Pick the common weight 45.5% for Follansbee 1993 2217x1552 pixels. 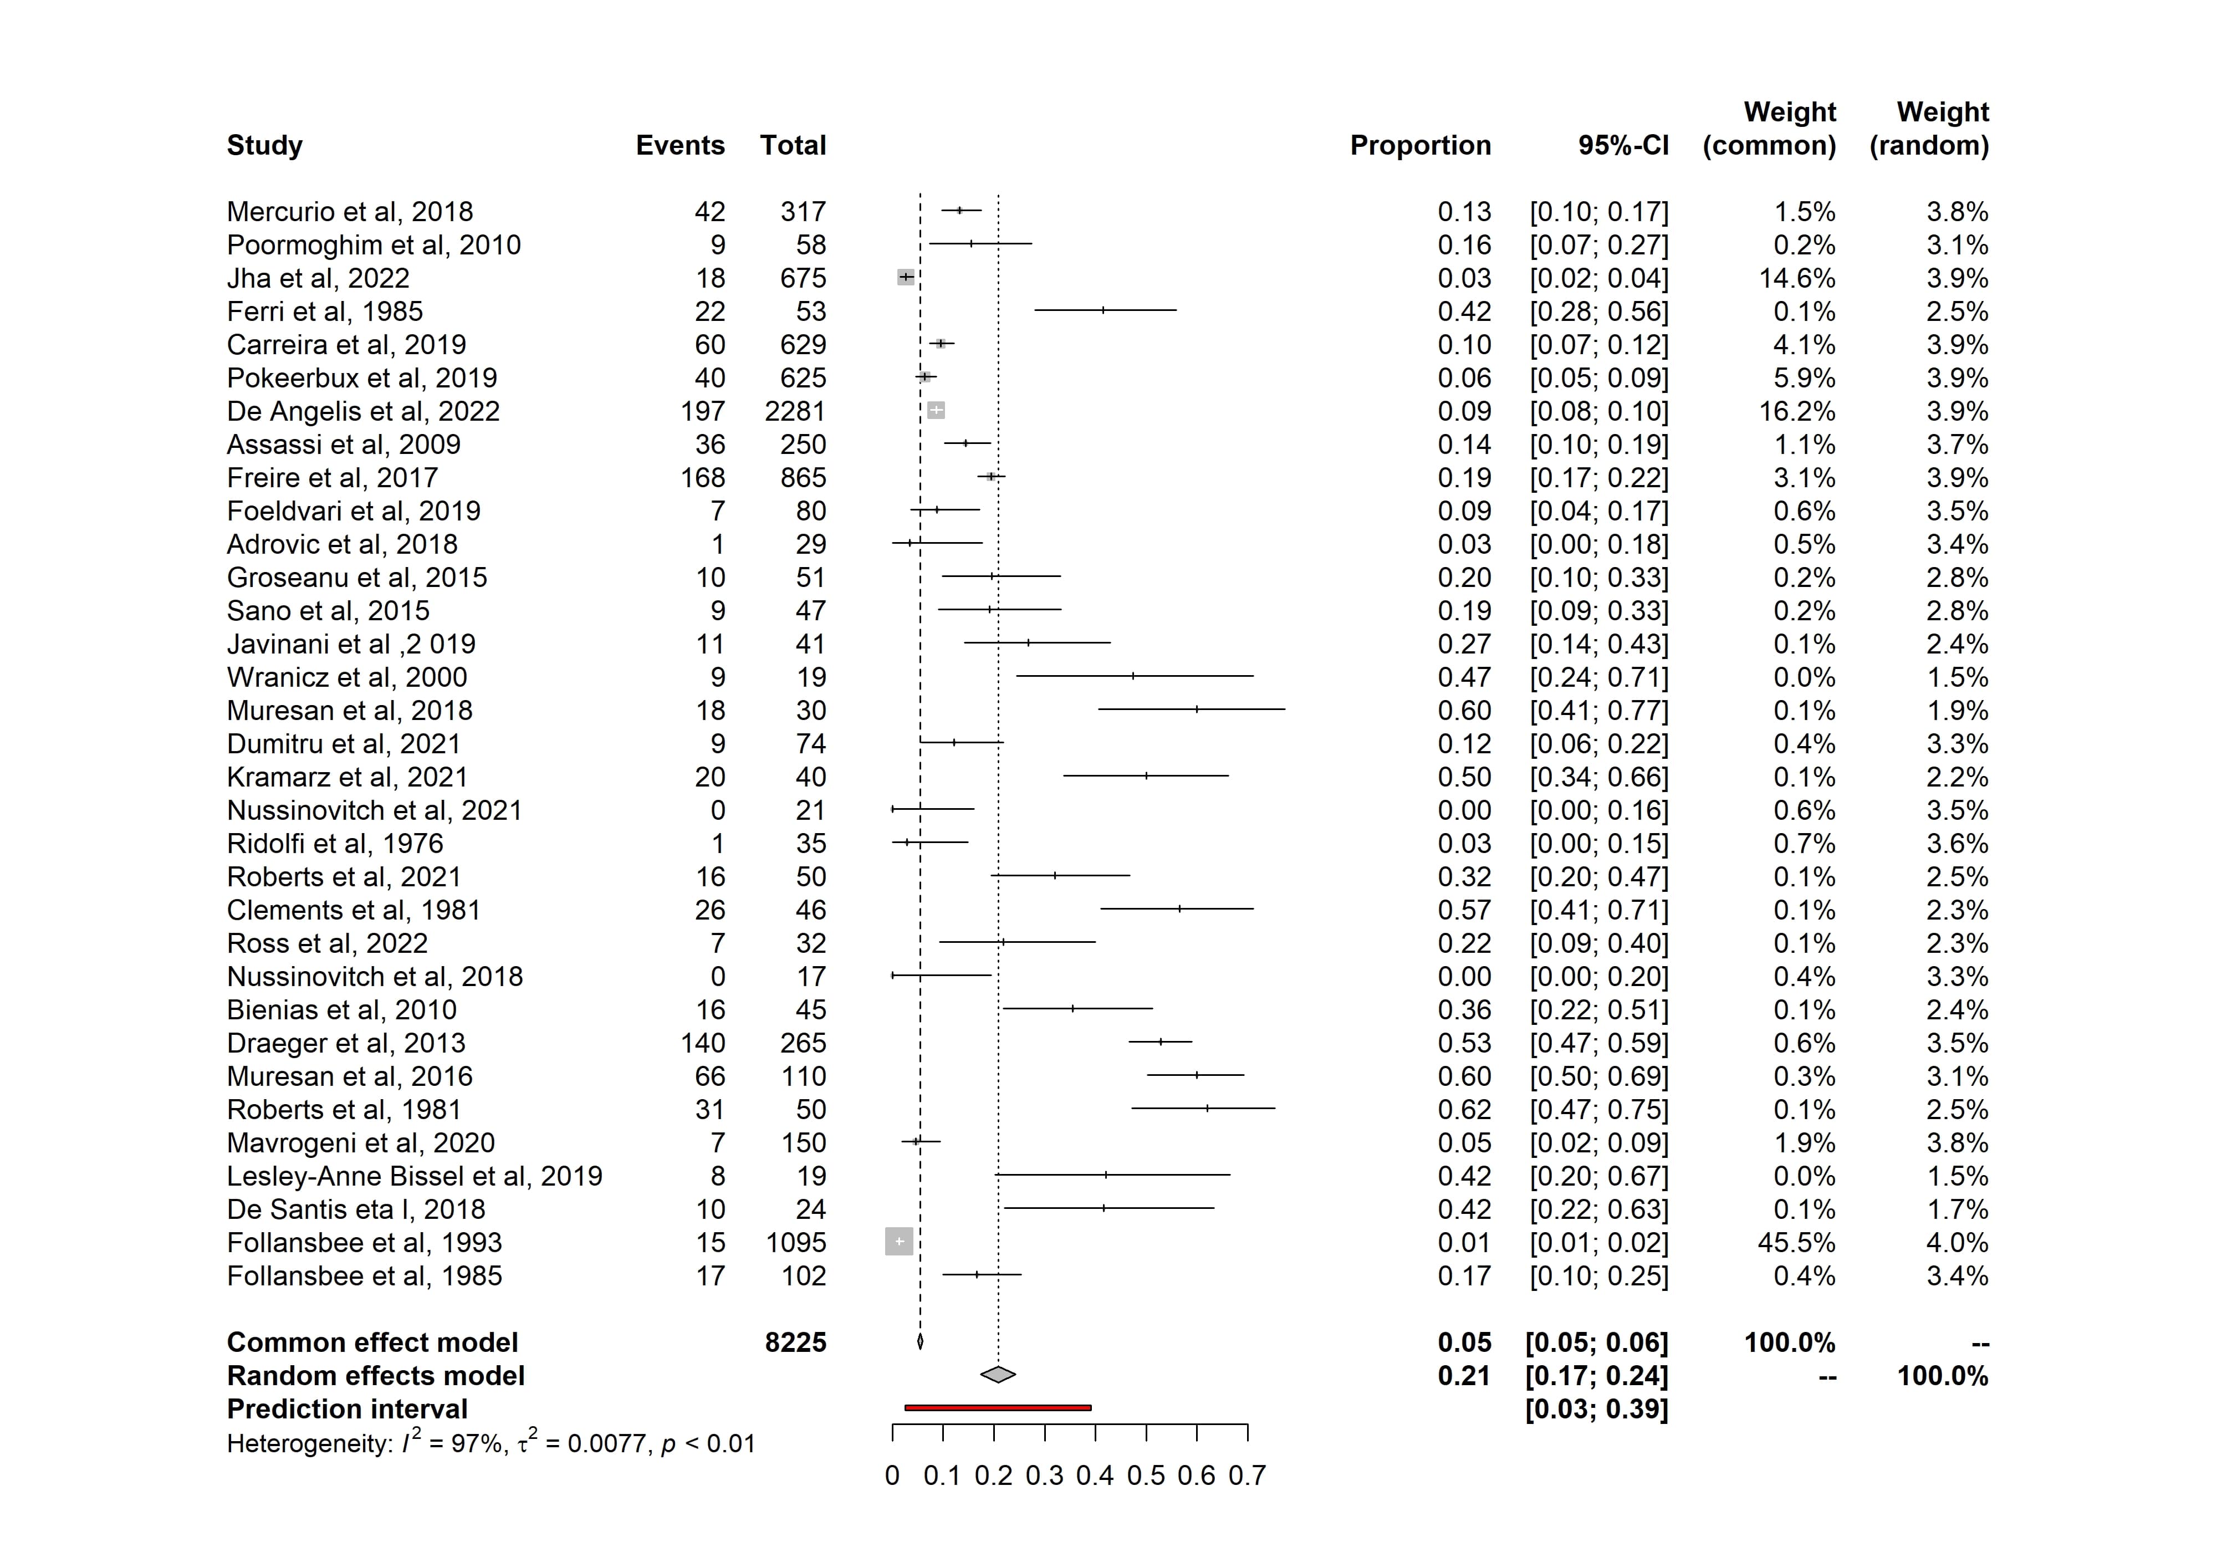[x=1796, y=1243]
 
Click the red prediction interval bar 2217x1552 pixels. [x=998, y=1408]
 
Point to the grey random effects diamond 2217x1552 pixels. [x=998, y=1374]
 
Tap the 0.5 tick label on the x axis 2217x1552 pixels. [x=1145, y=1477]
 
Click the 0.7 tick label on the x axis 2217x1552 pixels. [x=1247, y=1477]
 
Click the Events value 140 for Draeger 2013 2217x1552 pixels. [x=702, y=1043]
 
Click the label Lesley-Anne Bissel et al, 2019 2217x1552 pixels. [x=414, y=1176]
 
